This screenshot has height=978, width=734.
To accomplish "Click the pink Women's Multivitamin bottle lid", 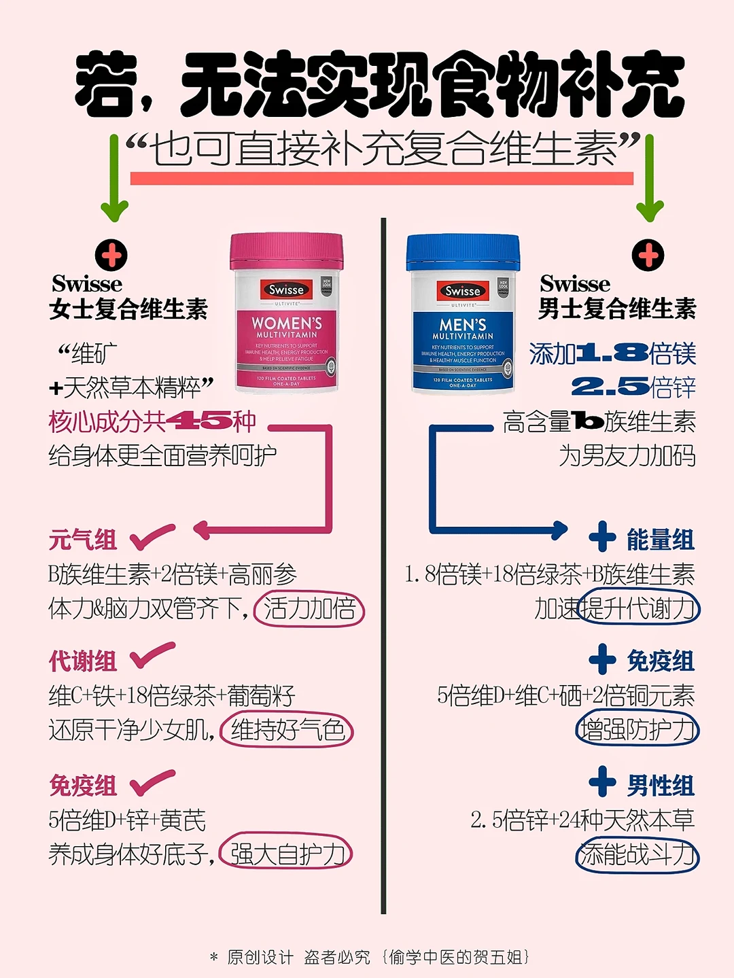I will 286,251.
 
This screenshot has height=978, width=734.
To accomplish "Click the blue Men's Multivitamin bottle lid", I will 463,252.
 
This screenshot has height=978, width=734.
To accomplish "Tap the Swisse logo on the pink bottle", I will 286,290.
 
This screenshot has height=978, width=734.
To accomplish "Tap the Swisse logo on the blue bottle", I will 463,291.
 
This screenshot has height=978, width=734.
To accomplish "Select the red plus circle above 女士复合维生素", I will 111,256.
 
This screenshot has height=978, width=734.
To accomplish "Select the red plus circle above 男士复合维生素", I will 648,256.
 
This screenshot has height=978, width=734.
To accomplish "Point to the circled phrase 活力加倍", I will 309,608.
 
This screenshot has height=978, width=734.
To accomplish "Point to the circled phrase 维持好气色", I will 287,731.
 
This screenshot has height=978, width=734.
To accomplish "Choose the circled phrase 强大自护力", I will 286,854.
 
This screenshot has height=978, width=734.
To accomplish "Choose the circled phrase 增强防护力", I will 637,729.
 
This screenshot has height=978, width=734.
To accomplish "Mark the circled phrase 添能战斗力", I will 637,854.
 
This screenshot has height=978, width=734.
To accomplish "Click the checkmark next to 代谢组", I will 152,657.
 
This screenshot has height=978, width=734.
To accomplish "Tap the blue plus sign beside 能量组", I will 602,537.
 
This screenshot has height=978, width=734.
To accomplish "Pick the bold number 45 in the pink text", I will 198,421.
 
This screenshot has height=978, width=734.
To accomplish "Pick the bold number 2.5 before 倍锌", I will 610,387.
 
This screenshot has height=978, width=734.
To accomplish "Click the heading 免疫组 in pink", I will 83,786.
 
